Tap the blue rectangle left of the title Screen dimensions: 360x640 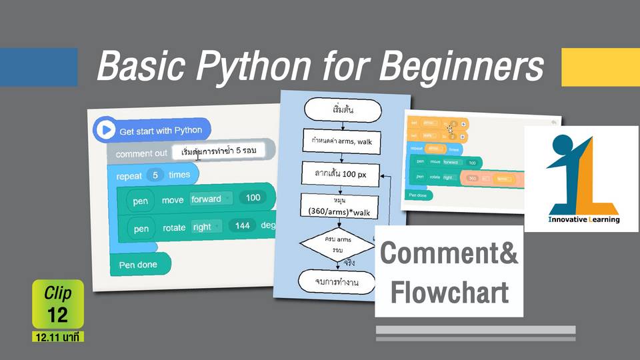pos(39,67)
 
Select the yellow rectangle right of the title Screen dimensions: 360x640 pos(600,67)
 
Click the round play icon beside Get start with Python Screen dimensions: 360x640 pos(105,130)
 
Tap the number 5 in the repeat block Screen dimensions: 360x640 pos(155,175)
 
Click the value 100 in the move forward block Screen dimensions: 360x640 pos(253,198)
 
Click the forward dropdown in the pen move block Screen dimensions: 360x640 pos(210,198)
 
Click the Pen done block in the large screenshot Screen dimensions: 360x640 pos(139,265)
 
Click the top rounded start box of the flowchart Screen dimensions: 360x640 pos(342,109)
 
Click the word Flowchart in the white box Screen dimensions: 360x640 pos(449,291)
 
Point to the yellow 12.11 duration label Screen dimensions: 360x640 pos(57,338)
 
